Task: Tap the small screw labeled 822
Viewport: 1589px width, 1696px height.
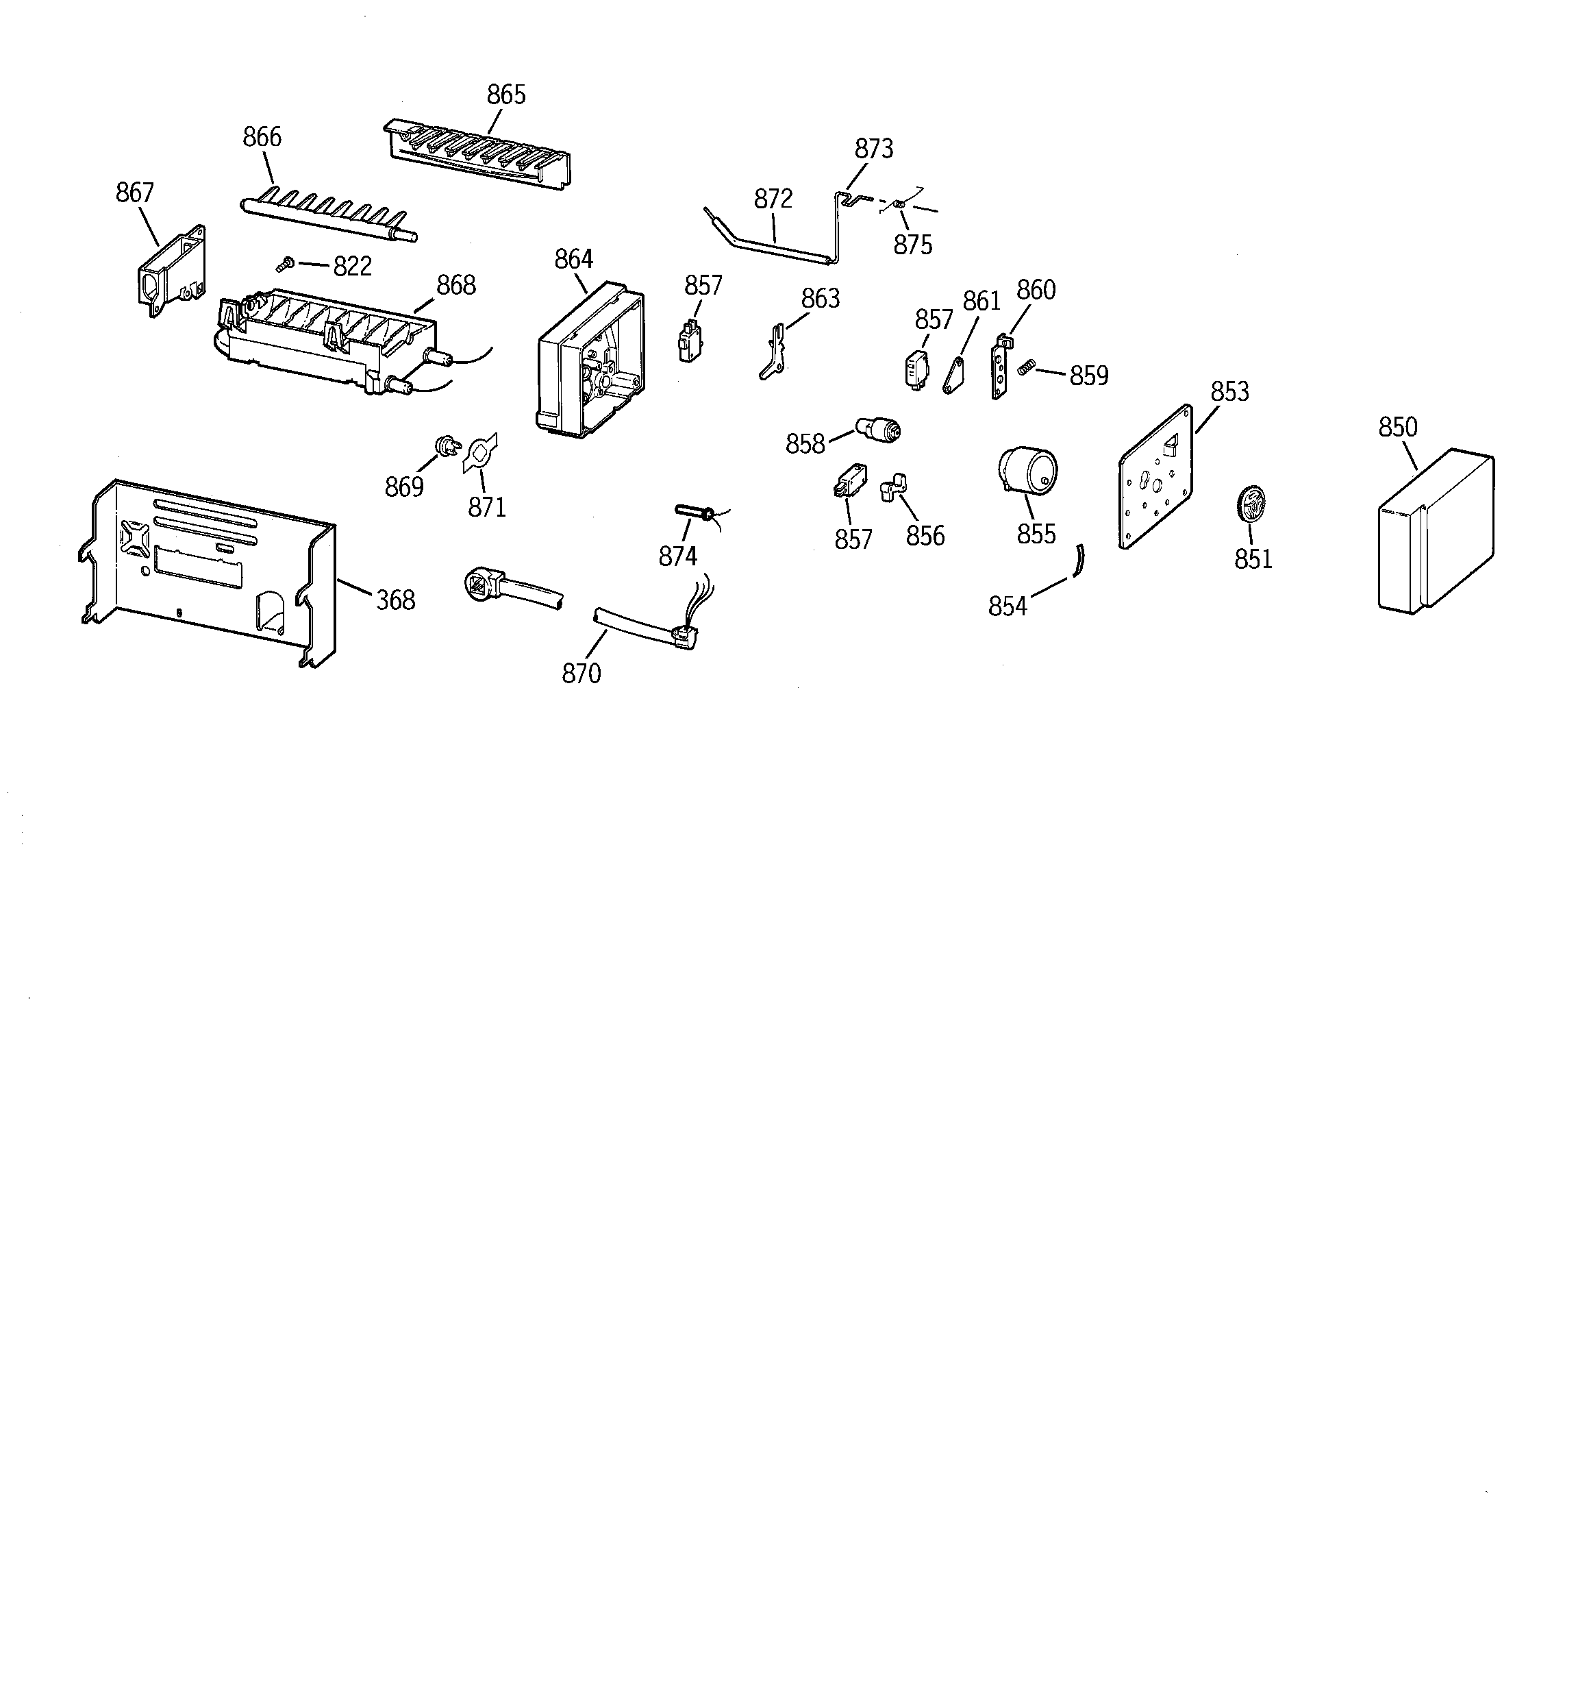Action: (286, 265)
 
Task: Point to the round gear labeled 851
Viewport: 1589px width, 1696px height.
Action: (1249, 502)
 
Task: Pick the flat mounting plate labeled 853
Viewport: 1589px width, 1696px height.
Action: (1155, 478)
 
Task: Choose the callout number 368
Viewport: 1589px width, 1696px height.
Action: (396, 600)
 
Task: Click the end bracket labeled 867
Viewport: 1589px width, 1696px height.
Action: (171, 271)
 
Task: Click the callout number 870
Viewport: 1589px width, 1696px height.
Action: (581, 674)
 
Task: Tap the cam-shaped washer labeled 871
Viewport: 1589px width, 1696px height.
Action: (479, 453)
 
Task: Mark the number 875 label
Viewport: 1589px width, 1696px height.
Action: (912, 246)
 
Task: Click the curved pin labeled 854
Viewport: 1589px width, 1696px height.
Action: (1079, 561)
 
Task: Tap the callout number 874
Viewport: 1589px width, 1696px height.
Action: (677, 556)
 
